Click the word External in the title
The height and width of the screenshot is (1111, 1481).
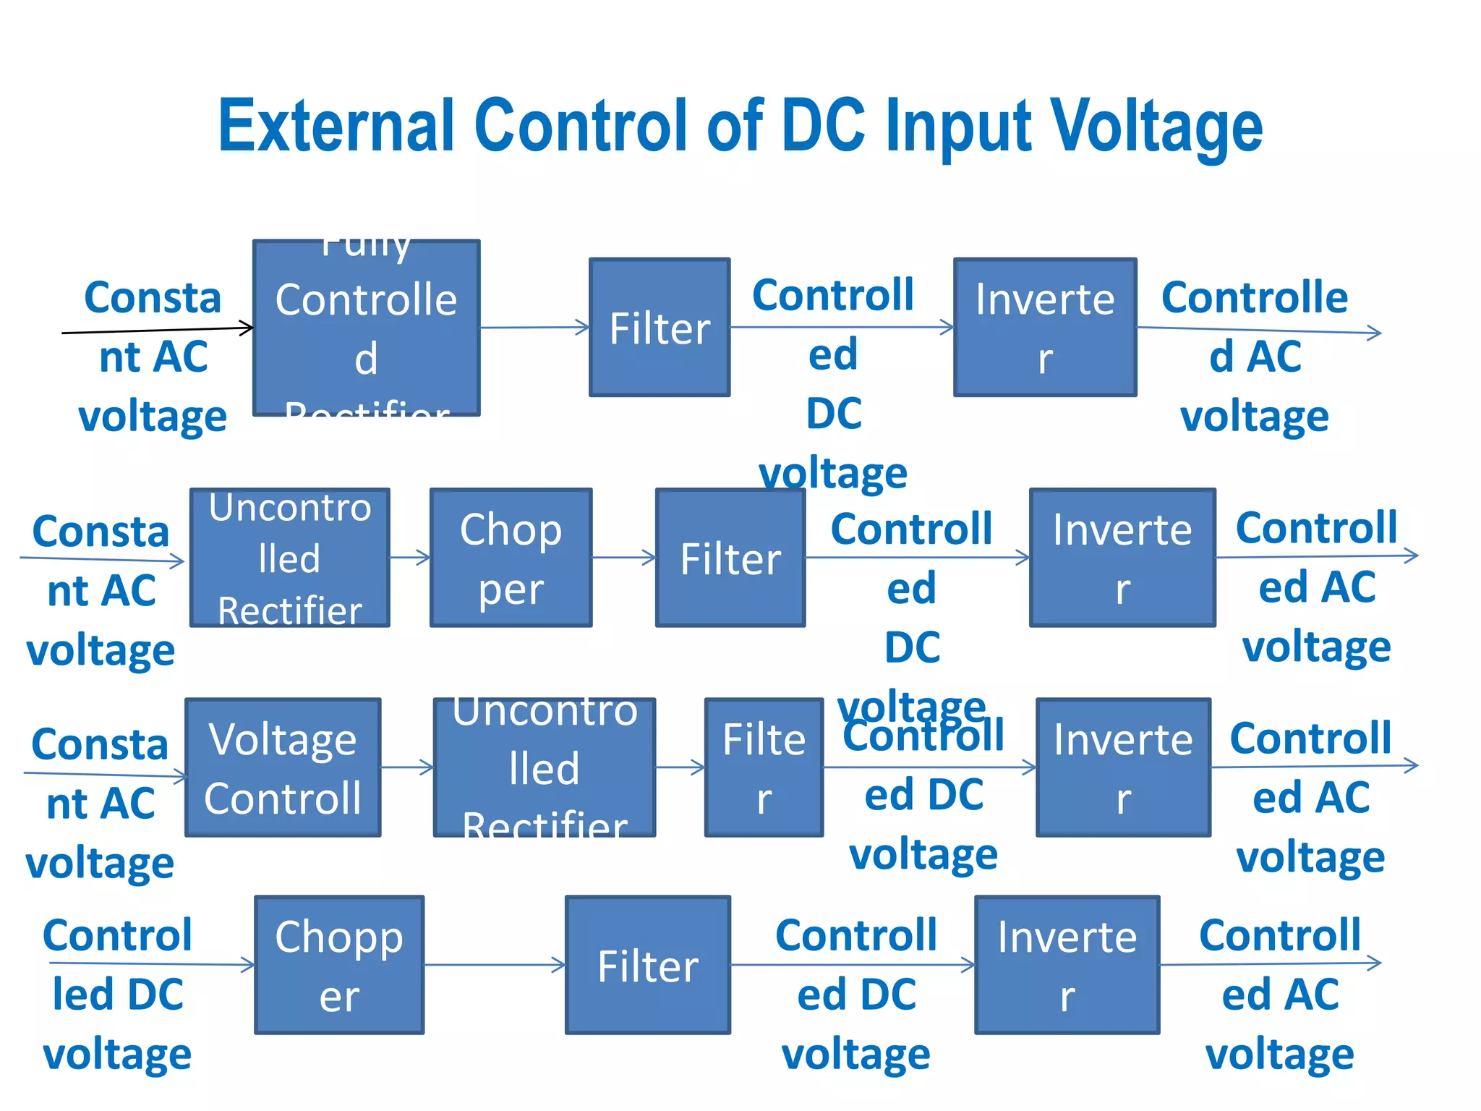pyautogui.click(x=336, y=127)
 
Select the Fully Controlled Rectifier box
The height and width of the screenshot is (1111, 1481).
pyautogui.click(x=366, y=328)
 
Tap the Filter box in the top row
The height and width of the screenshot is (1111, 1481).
pyautogui.click(x=660, y=328)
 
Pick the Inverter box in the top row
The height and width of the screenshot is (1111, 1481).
pyautogui.click(x=1045, y=328)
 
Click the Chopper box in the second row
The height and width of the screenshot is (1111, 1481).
pyautogui.click(x=511, y=558)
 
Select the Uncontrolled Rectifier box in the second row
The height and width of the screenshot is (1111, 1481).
pyautogui.click(x=289, y=558)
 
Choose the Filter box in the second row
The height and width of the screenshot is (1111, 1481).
pyautogui.click(x=730, y=558)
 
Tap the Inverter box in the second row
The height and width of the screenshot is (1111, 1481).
pyautogui.click(x=1122, y=558)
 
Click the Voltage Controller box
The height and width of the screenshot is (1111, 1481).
pyautogui.click(x=283, y=767)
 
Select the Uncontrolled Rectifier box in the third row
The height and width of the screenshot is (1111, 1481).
pyautogui.click(x=545, y=767)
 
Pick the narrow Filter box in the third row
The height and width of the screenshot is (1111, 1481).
pyautogui.click(x=764, y=767)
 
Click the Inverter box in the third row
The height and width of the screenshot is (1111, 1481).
pyautogui.click(x=1123, y=767)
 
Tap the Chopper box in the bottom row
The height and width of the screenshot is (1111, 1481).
pyautogui.click(x=339, y=965)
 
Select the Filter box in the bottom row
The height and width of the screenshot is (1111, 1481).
pyautogui.click(x=648, y=965)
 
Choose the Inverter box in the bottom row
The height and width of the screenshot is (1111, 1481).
pyautogui.click(x=1067, y=965)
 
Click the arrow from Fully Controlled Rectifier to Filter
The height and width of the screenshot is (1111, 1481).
pyautogui.click(x=535, y=328)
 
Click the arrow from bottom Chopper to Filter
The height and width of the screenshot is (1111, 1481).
pyautogui.click(x=495, y=965)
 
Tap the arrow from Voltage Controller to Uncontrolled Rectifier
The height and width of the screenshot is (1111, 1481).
pyautogui.click(x=407, y=767)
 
